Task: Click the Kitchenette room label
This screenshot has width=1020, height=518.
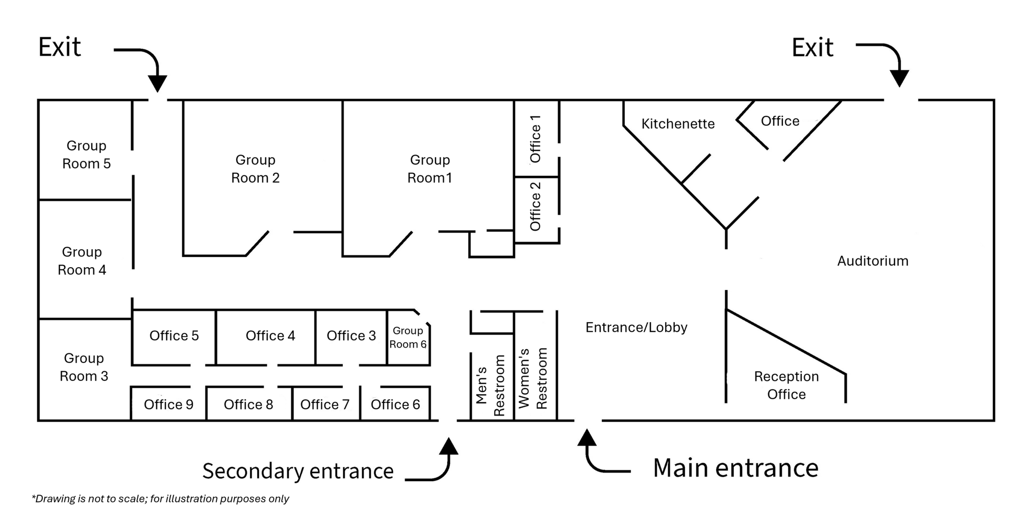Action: pyautogui.click(x=678, y=124)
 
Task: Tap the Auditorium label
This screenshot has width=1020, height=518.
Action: pyautogui.click(x=873, y=261)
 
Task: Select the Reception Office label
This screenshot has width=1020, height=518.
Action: pyautogui.click(x=786, y=385)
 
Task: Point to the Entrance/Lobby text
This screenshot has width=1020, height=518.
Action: pyautogui.click(x=636, y=327)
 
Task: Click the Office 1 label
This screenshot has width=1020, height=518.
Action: pyautogui.click(x=535, y=139)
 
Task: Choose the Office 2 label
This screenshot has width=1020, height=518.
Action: pyautogui.click(x=535, y=206)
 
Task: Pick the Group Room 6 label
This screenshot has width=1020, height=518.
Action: pyautogui.click(x=408, y=338)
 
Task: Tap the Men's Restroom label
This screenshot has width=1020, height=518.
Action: pyautogui.click(x=490, y=385)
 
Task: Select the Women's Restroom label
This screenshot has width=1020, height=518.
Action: pyautogui.click(x=533, y=378)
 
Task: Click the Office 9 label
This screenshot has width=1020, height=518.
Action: pyautogui.click(x=168, y=405)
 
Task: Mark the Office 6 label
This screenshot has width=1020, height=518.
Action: pyautogui.click(x=395, y=405)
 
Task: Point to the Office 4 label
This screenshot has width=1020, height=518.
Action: pyautogui.click(x=270, y=336)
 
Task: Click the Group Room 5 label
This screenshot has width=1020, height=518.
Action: pyautogui.click(x=86, y=154)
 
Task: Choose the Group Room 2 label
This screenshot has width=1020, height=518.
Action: pyautogui.click(x=256, y=169)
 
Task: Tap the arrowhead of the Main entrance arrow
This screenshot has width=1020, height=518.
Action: pyautogui.click(x=587, y=437)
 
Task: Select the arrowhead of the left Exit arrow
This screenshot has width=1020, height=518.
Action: pyautogui.click(x=158, y=83)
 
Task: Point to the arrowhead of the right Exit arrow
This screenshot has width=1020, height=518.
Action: pyautogui.click(x=900, y=79)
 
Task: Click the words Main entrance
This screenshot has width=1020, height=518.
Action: pyautogui.click(x=735, y=468)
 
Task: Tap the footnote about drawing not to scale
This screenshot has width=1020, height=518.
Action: pyautogui.click(x=161, y=499)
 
